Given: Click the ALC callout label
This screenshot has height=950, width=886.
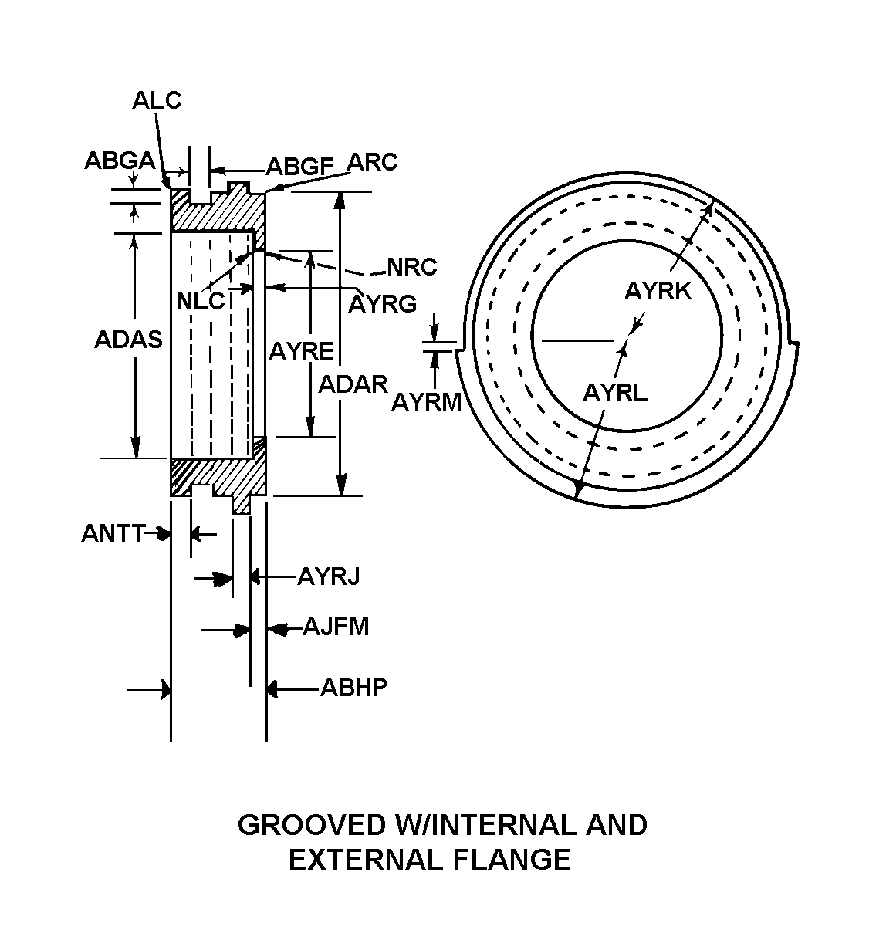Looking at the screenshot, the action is pos(157,100).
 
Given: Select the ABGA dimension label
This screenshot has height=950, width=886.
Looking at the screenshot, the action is pos(120,161).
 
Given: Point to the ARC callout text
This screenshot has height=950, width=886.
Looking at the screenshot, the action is pos(372,163).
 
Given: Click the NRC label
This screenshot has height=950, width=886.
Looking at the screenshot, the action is pos(412,267).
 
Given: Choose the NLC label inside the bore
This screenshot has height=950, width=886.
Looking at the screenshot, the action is pos(201,301).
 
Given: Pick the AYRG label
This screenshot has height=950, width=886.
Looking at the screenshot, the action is pos(382,304).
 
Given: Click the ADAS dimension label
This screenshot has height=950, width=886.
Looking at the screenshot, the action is pos(128,340).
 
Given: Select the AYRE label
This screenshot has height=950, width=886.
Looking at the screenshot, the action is pos(301,352).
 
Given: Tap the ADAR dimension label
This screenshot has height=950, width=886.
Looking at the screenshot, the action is pos(353,384).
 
